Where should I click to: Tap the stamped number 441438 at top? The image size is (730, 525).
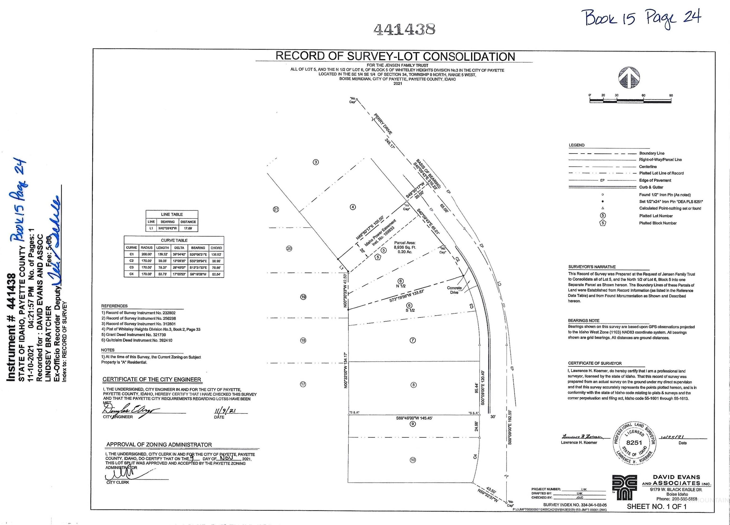tap(404, 29)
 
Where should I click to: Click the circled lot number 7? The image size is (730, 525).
tap(413, 340)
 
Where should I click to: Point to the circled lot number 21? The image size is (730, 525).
tap(276, 209)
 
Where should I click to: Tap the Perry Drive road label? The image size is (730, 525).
tap(383, 124)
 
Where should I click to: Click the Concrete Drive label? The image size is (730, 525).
tap(454, 290)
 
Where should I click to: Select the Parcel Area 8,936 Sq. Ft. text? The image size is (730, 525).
tap(405, 247)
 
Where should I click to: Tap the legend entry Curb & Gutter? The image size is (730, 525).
tap(651, 187)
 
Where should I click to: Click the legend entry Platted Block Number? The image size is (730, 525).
tap(658, 223)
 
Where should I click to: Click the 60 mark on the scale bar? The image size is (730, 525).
tap(643, 96)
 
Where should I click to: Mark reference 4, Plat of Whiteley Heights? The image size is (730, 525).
tap(151, 329)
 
